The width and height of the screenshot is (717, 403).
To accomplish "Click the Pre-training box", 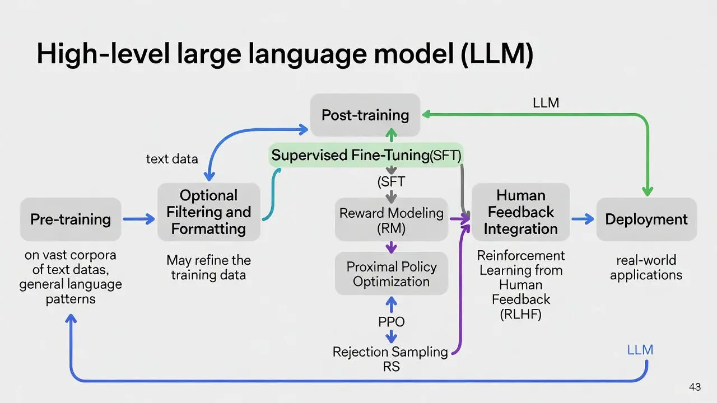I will coord(71,219).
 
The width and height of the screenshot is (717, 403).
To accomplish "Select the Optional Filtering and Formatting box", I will coord(208,212).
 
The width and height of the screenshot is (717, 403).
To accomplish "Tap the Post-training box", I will coord(365,115).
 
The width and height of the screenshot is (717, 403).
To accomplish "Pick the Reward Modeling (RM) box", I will coord(391,219).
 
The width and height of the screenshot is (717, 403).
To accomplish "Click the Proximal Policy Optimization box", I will coord(391,274).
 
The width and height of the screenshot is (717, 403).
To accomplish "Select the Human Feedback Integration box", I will coord(520,212).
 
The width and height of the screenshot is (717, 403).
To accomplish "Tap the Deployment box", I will coord(646,219).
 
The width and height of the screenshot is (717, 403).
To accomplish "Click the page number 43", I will coord(695,387).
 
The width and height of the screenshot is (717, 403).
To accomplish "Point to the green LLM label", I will coord(546,103).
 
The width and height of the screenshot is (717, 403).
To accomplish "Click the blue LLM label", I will coord(640,350).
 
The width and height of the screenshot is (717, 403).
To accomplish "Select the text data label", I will coord(171,159).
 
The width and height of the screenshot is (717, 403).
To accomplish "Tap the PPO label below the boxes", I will coord(391,322).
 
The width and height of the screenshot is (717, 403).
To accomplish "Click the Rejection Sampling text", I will coord(390,352).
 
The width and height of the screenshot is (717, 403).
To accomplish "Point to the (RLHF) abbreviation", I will coord(520,314).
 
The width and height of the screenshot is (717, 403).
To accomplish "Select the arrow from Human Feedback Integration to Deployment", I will coord(583,219).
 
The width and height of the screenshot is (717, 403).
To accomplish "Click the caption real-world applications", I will coord(646,268).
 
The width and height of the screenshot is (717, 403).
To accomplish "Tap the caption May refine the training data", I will coord(208,268).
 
